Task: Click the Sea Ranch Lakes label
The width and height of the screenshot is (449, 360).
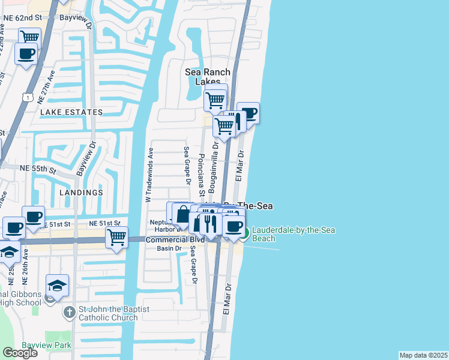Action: pyautogui.click(x=207, y=77)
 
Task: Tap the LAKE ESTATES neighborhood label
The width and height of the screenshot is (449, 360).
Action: pyautogui.click(x=71, y=112)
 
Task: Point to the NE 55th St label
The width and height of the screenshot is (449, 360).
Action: pyautogui.click(x=38, y=170)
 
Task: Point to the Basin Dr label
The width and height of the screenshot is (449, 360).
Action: pyautogui.click(x=169, y=248)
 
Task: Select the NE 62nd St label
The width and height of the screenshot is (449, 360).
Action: pyautogui.click(x=23, y=18)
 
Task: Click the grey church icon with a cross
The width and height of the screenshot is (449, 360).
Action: pyautogui.click(x=70, y=313)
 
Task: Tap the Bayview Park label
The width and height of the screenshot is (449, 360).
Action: pyautogui.click(x=46, y=345)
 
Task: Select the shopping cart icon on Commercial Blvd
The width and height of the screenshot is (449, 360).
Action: pyautogui.click(x=116, y=236)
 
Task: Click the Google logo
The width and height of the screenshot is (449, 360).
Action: pyautogui.click(x=20, y=353)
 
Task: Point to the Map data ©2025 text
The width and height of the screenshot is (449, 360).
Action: pyautogui.click(x=424, y=355)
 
